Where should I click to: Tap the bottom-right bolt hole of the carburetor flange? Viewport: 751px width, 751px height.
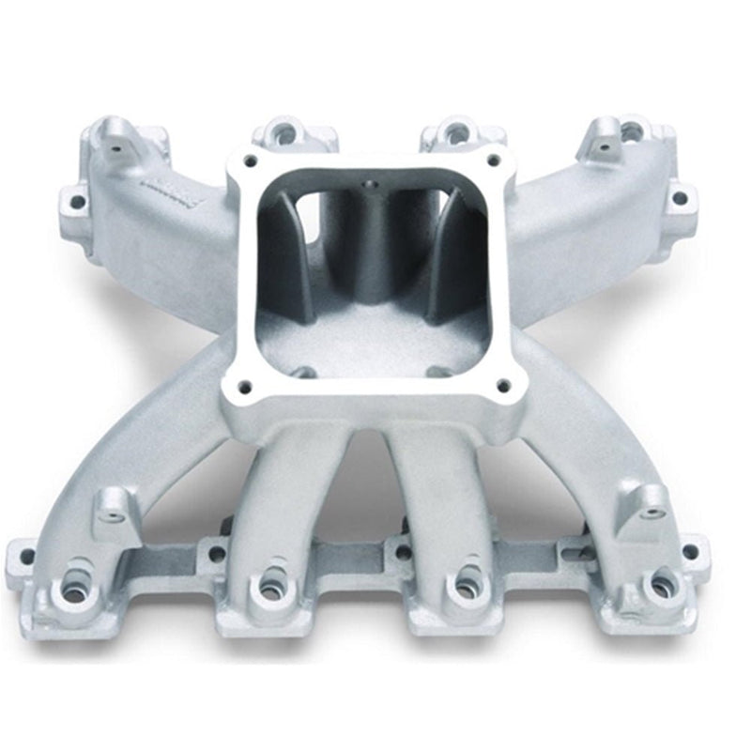[x=503, y=385]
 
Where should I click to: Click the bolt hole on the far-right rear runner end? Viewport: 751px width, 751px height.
[x=681, y=198]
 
